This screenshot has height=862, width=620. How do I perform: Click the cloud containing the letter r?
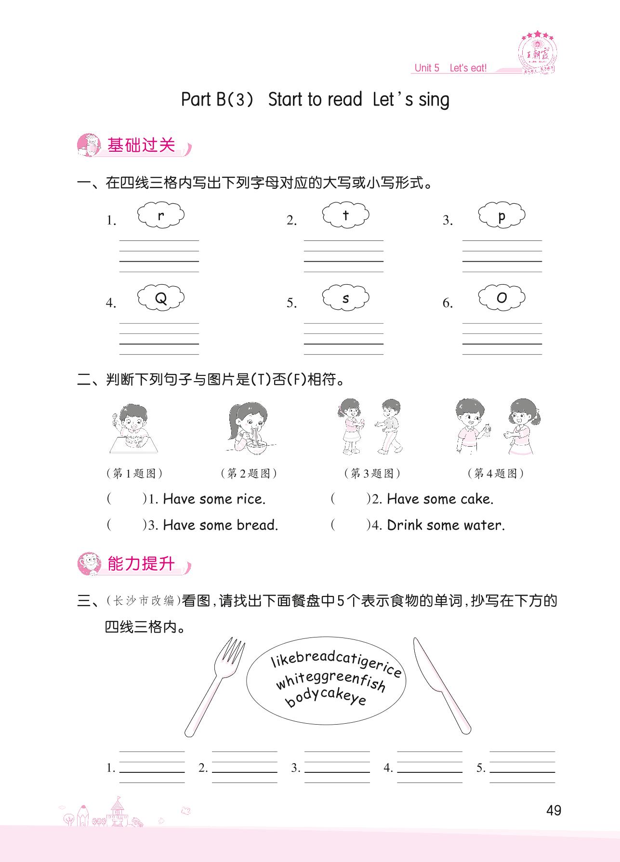(161, 215)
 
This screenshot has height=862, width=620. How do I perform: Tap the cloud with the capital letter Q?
(161, 298)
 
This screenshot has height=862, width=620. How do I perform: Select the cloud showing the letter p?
(501, 215)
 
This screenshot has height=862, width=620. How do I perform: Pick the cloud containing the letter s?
(345, 298)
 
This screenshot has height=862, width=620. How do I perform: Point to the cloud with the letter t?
(345, 215)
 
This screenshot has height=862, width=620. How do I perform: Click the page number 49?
(554, 810)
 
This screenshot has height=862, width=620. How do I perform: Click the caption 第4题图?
(496, 473)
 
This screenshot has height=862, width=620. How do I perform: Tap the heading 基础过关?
(141, 145)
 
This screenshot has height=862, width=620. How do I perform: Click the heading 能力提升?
(141, 563)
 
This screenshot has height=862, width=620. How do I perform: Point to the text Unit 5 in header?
(427, 68)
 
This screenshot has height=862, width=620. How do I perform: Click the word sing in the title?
(434, 100)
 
